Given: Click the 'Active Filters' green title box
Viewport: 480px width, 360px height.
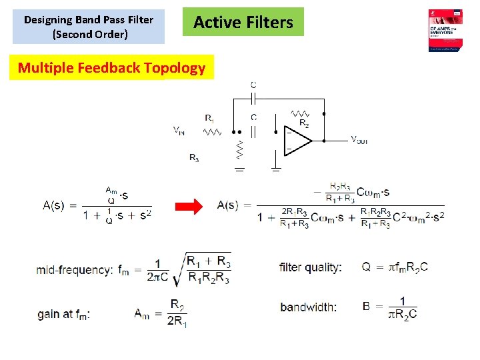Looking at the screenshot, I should coord(243,22).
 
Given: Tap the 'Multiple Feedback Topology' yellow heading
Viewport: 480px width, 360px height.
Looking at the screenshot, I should coord(111,67).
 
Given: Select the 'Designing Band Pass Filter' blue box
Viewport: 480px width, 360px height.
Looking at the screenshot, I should coord(89,26).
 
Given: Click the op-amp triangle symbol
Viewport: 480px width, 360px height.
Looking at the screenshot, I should coord(298,141).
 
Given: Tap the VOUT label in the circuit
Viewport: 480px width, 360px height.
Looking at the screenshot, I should coord(359,140).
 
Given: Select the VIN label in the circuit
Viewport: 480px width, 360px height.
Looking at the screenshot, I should coord(179,131).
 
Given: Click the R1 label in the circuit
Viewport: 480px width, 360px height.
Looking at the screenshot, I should coord(209,119).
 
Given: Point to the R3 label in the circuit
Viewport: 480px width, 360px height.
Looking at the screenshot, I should coord(193,158).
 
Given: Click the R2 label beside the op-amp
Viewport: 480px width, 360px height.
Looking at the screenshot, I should coord(304,123).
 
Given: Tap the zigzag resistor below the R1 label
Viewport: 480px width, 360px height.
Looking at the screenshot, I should coord(213,132).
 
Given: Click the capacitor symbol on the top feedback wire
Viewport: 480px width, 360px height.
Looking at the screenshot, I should coord(253,98).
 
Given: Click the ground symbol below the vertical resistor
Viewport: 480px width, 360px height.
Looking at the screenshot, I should coord(239,169).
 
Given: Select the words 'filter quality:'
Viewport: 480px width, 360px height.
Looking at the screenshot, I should coord(311,267).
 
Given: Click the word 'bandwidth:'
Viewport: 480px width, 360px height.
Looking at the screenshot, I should coord(309,307).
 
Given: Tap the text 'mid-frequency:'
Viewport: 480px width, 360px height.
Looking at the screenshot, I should coord(75,270).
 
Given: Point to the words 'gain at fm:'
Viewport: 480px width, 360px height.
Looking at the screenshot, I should coord(64,314).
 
